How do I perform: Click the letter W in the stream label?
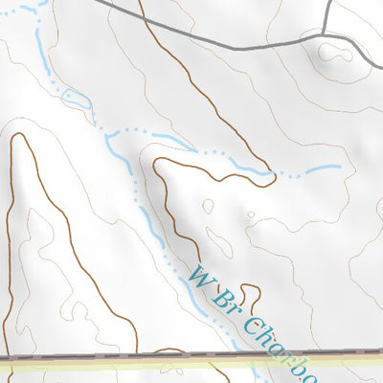pyautogui.click(x=198, y=279)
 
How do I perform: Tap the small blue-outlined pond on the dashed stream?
pyautogui.click(x=75, y=99)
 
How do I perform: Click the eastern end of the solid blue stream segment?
pyautogui.click(x=338, y=168)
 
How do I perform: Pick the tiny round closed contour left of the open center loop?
pyautogui.click(x=208, y=204)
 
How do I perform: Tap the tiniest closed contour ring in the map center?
pyautogui.click(x=251, y=214)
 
